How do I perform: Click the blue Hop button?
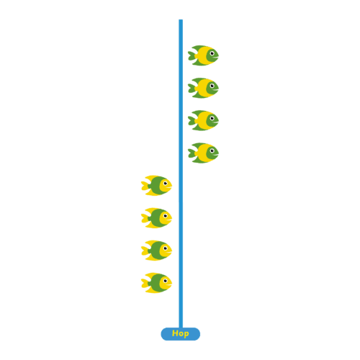click(x=180, y=334)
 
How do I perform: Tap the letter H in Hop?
click(x=175, y=333)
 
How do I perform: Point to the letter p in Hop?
click(x=186, y=334)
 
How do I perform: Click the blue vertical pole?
click(x=181, y=174)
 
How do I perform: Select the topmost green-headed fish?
click(x=203, y=55)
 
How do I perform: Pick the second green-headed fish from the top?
click(x=203, y=88)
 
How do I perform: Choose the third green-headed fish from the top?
click(x=203, y=120)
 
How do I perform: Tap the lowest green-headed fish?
click(x=203, y=153)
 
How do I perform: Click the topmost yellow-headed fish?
click(x=156, y=186)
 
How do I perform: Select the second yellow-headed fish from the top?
click(x=156, y=218)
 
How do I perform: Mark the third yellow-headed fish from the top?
click(x=156, y=251)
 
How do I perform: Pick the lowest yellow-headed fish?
click(x=156, y=283)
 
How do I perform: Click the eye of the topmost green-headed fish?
click(x=212, y=53)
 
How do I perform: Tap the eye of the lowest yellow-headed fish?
click(x=165, y=281)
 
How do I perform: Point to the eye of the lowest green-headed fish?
click(x=212, y=150)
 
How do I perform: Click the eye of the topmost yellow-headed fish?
click(x=165, y=184)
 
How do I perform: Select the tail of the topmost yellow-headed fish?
click(x=145, y=186)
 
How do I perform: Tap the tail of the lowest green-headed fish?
click(x=192, y=153)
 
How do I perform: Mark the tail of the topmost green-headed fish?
click(x=192, y=55)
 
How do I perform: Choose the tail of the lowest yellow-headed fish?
click(x=145, y=283)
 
